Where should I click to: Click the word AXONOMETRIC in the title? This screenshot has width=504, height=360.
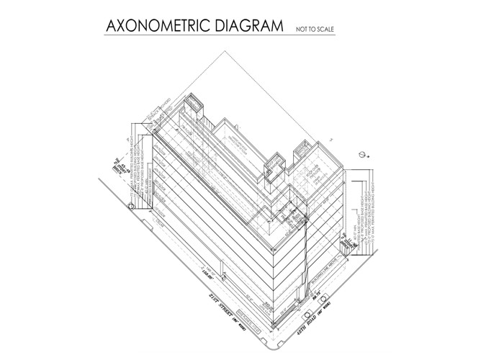[158, 27]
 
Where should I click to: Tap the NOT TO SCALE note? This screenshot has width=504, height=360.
[315, 30]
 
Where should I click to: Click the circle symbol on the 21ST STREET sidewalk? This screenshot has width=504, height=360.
[130, 207]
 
